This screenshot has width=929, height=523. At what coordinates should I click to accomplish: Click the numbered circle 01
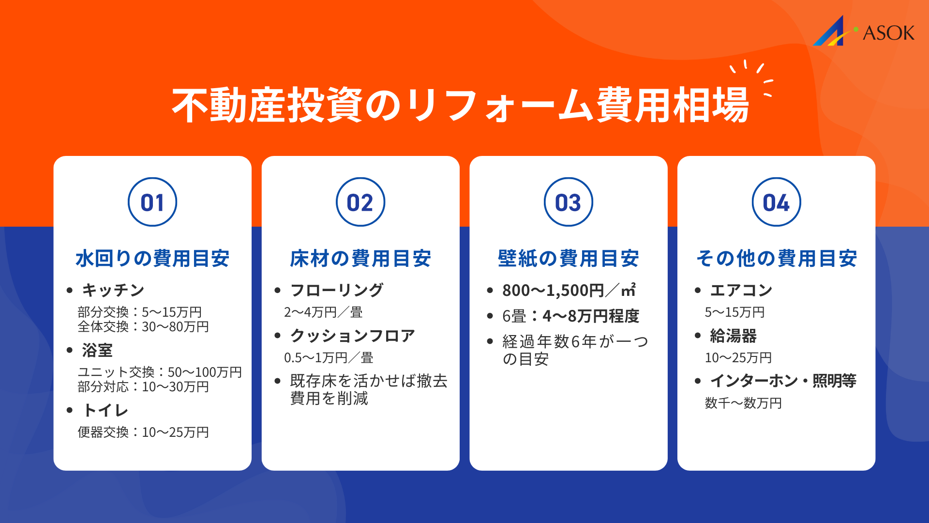(x=152, y=202)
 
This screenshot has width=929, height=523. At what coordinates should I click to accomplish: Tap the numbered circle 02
(x=360, y=202)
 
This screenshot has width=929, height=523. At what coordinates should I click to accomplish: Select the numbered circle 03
(x=569, y=202)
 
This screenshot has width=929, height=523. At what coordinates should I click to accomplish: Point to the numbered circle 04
(x=776, y=202)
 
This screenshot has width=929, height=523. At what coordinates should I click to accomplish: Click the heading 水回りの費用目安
(x=152, y=258)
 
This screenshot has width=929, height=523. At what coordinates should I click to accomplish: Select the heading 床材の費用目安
(x=360, y=258)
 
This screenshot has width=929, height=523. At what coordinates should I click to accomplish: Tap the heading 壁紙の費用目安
(x=569, y=258)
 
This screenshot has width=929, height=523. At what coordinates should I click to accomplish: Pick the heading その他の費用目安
(x=776, y=258)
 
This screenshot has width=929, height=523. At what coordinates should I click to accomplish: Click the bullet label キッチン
(x=113, y=290)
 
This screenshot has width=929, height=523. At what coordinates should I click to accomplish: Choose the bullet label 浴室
(x=97, y=350)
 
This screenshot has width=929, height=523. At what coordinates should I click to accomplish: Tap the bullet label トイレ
(x=105, y=410)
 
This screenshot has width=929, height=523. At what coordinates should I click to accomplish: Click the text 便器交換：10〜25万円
(x=143, y=432)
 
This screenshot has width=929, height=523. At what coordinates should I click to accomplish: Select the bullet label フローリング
(x=337, y=290)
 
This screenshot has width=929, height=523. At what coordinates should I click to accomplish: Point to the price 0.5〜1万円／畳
(x=329, y=358)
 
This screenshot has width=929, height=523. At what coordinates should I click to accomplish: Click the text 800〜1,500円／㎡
(x=569, y=290)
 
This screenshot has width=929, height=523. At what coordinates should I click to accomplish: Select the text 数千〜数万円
(x=743, y=403)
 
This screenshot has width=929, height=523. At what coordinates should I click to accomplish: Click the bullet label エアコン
(x=741, y=290)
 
